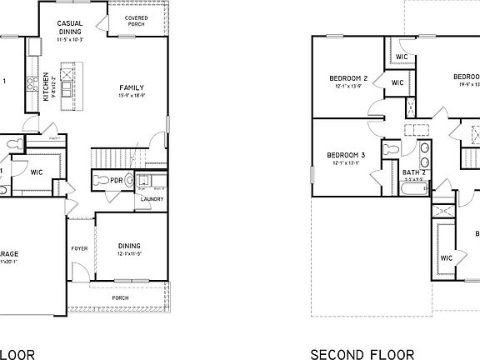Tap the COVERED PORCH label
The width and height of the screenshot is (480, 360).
tap(137, 21)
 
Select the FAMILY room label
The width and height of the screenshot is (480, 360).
tap(131, 87)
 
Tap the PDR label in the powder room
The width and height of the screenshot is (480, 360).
tap(117, 180)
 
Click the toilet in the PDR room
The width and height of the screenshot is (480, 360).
tap(100, 180)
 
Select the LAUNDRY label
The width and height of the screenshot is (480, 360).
tap(151, 199)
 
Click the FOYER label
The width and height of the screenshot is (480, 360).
tap(79, 247)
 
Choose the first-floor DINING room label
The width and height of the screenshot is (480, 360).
tap(129, 245)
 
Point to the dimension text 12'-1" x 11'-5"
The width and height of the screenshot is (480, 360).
tap(129, 253)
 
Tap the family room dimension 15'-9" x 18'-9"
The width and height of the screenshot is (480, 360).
tap(131, 96)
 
